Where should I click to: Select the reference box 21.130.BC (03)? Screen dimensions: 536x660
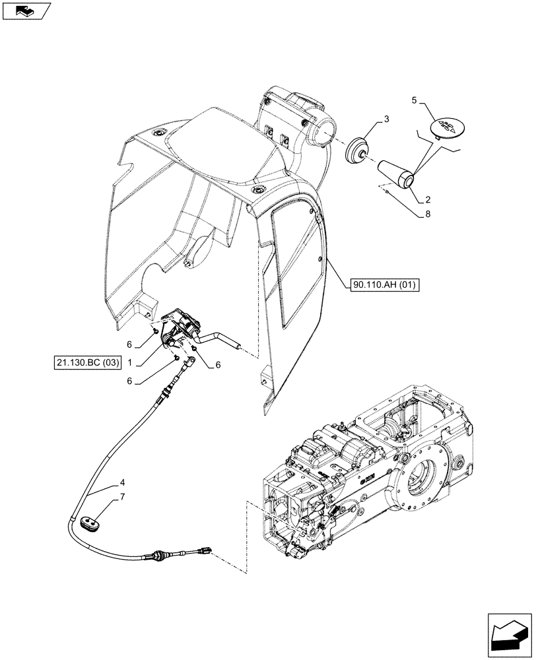click(x=84, y=362)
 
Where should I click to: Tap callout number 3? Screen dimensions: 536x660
click(x=386, y=119)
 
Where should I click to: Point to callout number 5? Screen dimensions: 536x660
click(x=414, y=100)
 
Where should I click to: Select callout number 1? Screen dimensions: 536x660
click(x=131, y=362)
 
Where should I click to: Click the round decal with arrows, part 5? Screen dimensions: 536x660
click(x=446, y=127)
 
